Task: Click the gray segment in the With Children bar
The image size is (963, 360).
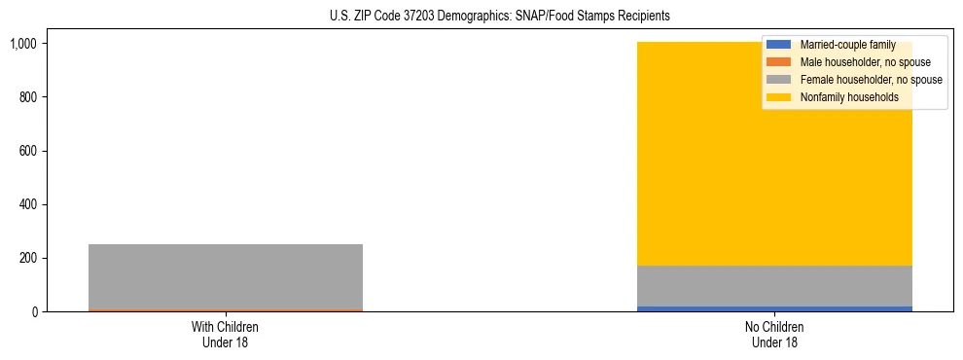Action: (x=226, y=276)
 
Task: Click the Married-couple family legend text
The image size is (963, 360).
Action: (x=847, y=45)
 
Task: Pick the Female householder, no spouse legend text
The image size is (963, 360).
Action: (x=871, y=80)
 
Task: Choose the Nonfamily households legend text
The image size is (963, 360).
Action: (x=849, y=97)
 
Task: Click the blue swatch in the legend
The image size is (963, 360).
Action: (x=779, y=45)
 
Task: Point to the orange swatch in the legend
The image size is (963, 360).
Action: (x=779, y=62)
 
